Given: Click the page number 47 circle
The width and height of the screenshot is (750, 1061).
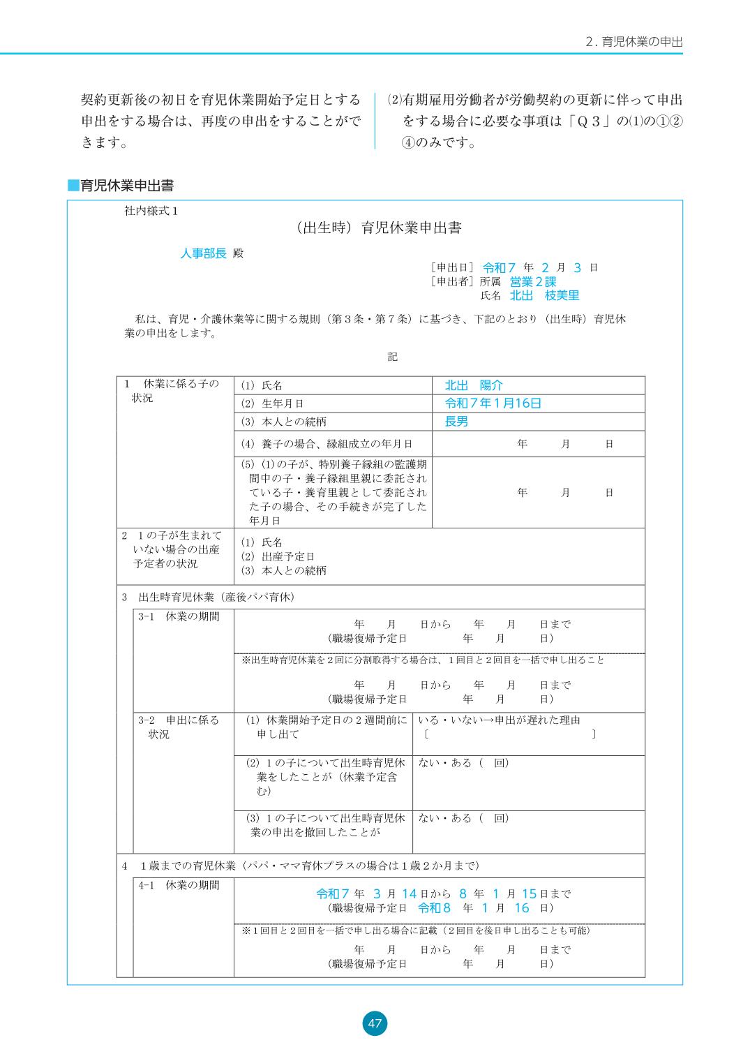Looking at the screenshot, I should [375, 1023].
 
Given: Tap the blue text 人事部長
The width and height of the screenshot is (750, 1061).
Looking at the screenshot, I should [203, 253].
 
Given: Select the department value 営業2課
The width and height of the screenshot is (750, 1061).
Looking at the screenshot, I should [532, 281].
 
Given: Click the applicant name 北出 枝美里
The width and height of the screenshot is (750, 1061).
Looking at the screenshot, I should [544, 295].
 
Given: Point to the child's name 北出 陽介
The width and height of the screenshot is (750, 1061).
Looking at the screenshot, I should [473, 385].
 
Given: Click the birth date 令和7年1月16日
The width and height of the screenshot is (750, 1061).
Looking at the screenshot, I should [493, 403].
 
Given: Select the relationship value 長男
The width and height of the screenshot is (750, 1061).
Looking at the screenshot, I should [456, 422].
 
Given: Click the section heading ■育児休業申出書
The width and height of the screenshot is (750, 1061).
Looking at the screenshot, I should [120, 186].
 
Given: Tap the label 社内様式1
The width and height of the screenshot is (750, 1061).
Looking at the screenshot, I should [151, 211].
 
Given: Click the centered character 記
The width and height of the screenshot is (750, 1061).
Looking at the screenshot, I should [392, 357].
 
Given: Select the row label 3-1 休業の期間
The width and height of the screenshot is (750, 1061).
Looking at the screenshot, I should [179, 616].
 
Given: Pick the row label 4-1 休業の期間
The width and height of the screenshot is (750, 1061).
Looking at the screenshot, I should [179, 885].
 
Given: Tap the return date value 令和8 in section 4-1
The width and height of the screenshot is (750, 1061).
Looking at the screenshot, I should [434, 908].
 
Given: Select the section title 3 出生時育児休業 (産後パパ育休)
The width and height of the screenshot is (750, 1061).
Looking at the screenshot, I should [209, 597].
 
